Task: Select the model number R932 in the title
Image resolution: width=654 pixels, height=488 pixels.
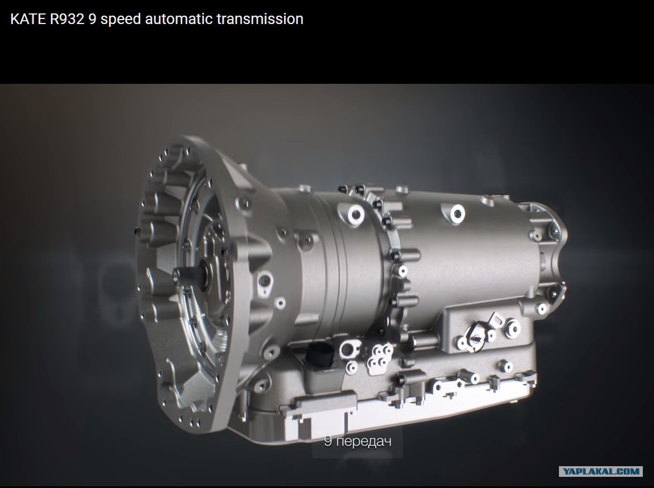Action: tap(67, 19)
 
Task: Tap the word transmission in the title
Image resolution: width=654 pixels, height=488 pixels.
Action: tap(260, 19)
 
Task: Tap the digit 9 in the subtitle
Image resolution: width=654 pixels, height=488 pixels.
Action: tap(328, 441)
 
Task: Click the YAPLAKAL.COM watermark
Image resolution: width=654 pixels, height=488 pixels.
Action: tap(600, 471)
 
